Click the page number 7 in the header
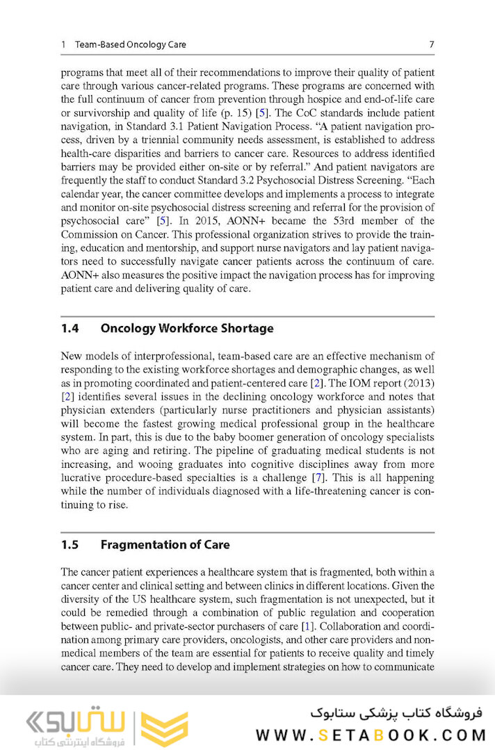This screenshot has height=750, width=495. click(x=432, y=44)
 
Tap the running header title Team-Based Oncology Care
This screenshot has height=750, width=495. click(x=131, y=44)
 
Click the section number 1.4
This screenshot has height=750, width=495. click(x=70, y=328)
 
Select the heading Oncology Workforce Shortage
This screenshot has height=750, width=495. click(x=187, y=328)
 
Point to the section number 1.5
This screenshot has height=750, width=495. click(x=70, y=544)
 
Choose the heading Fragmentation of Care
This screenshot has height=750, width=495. click(x=165, y=544)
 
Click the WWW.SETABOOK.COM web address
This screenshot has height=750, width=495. click(x=368, y=735)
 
